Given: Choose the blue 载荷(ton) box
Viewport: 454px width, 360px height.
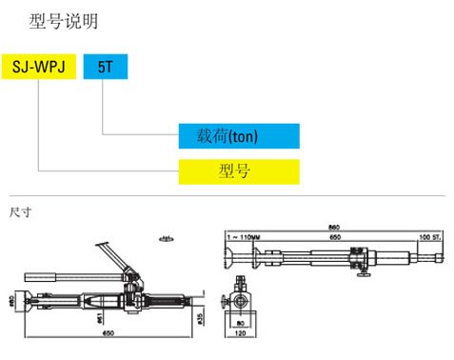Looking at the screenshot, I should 238,136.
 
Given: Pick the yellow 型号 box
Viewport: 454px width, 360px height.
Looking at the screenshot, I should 238,171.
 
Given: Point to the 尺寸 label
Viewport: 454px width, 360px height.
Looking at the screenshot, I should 20,210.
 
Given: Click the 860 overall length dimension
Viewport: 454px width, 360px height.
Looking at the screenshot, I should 333,227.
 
